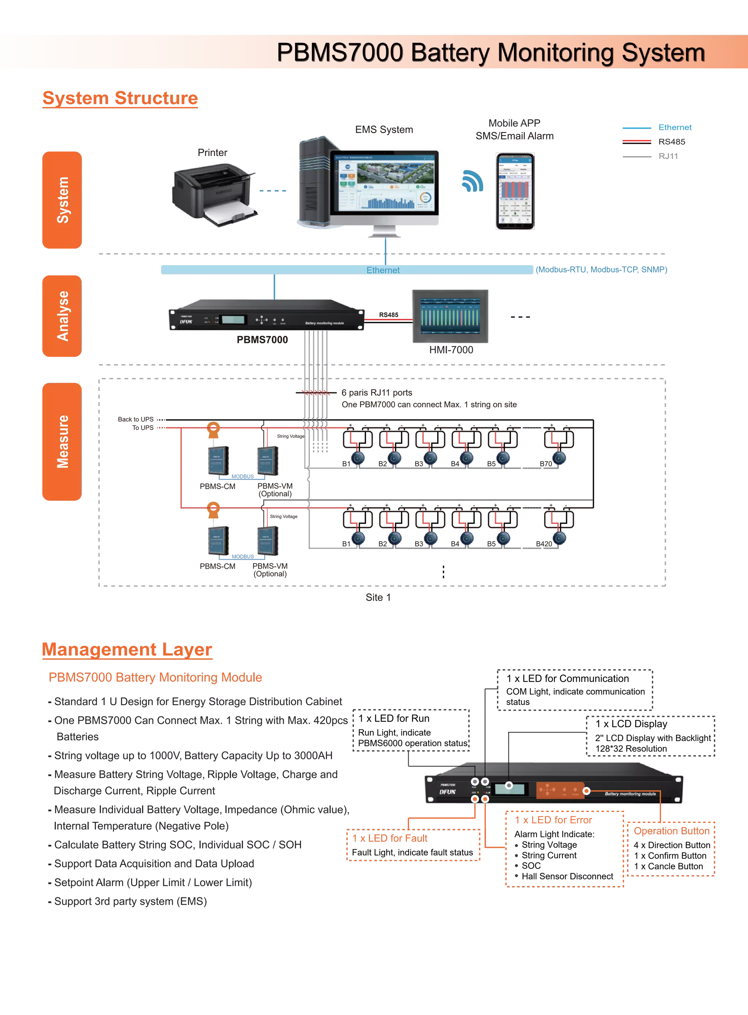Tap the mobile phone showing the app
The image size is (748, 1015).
tap(514, 191)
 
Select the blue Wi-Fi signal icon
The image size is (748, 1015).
tap(473, 181)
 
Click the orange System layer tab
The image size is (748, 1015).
tap(62, 200)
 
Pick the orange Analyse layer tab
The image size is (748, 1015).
tap(62, 316)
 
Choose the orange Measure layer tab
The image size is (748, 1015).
tap(62, 442)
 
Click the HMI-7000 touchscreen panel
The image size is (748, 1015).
tap(451, 315)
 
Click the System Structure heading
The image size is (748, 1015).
tap(120, 98)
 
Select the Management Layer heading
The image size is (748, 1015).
tap(127, 650)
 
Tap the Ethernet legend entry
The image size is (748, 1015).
tap(675, 127)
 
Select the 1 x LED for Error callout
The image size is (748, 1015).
tap(553, 820)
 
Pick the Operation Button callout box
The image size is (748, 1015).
tap(671, 831)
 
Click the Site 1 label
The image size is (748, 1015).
tap(378, 598)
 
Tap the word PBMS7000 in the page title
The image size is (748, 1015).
tap(340, 53)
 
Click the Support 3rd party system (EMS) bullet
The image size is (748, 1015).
tap(130, 901)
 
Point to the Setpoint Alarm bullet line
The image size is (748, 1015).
tap(153, 882)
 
